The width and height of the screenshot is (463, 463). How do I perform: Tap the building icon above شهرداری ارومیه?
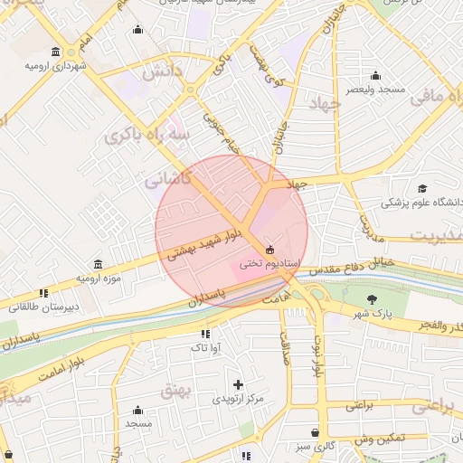tap(56, 51)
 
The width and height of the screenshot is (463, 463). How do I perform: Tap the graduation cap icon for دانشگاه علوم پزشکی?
tap(421, 188)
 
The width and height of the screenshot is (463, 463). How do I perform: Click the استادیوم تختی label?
tap(262, 262)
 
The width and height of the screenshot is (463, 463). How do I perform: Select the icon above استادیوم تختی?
tap(269, 249)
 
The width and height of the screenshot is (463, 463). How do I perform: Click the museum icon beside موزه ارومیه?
tap(97, 265)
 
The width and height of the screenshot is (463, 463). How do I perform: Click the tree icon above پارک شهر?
tap(371, 299)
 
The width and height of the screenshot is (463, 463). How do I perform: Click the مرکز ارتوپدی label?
tap(238, 399)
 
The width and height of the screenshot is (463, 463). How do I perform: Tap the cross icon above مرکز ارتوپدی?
tap(238, 384)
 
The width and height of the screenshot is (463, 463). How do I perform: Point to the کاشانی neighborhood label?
tap(168, 180)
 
